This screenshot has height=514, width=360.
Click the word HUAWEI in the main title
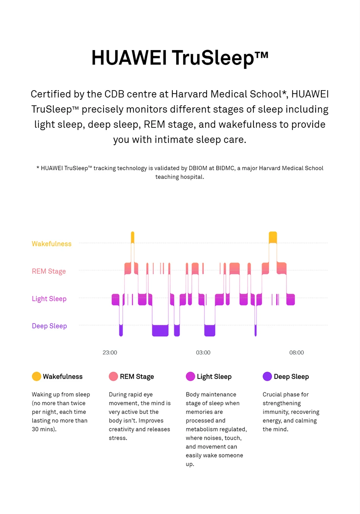point(129,58)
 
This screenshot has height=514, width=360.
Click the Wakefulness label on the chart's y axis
point(52,244)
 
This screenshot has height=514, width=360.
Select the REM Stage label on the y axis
point(49,271)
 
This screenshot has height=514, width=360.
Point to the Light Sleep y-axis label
point(49,299)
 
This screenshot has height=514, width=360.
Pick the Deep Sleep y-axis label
point(49,326)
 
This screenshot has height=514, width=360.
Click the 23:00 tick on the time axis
point(110,353)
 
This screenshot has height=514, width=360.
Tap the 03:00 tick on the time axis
point(203,353)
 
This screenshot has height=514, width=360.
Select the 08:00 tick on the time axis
point(296,353)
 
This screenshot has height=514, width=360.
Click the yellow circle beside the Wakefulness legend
point(36,376)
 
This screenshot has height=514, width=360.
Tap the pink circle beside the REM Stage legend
point(113,376)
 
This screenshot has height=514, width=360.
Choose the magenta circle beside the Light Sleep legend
point(190,376)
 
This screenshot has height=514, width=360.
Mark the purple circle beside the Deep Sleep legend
point(267,376)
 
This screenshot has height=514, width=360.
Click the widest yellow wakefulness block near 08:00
point(273,237)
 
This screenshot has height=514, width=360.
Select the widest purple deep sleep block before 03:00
point(160,331)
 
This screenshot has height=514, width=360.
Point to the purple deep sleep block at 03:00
point(210,331)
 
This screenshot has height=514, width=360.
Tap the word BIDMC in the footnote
point(225,168)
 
